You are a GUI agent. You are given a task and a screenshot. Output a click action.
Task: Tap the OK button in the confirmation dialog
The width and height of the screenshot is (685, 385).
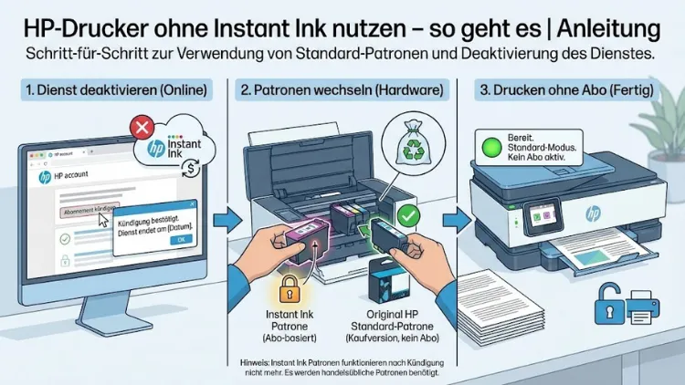(x=180, y=239)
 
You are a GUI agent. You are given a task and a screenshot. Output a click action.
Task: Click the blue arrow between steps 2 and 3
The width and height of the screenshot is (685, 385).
(x=450, y=220)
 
